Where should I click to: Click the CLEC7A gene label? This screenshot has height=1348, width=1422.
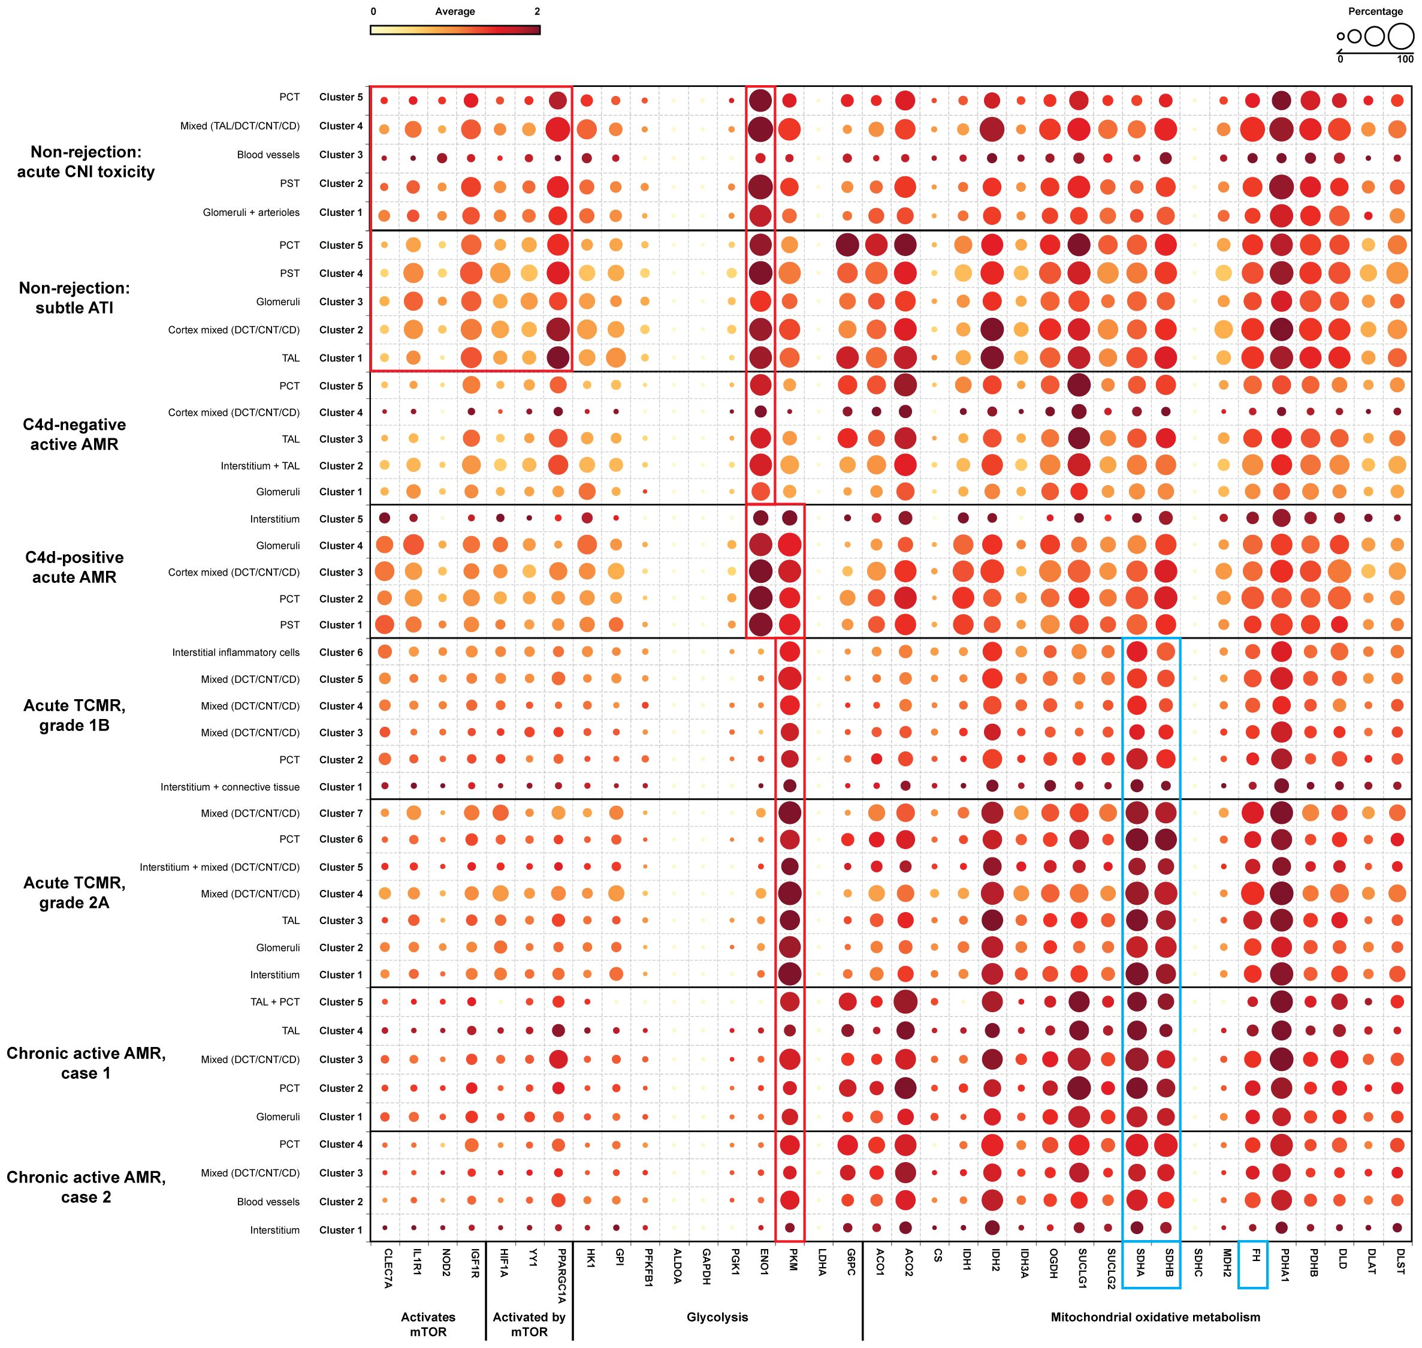click(388, 1268)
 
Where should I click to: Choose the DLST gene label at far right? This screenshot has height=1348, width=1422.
click(1400, 1261)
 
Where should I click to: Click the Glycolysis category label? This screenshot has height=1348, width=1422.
click(717, 1317)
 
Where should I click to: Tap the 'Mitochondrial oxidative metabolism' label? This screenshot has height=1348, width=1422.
click(1155, 1317)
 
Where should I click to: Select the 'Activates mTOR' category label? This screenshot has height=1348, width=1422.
click(428, 1324)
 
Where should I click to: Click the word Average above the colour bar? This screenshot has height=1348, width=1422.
click(455, 11)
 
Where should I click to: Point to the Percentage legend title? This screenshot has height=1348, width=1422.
click(1375, 11)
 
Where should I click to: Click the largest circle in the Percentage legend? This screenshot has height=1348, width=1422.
click(1400, 36)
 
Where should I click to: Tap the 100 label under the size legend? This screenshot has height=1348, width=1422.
click(1405, 59)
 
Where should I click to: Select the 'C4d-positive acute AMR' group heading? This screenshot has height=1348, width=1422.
click(74, 567)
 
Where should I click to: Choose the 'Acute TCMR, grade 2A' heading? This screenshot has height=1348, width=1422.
click(74, 892)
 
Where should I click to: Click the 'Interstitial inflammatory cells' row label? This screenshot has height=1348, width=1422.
click(236, 652)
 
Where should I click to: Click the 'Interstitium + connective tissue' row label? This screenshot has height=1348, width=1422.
click(230, 787)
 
